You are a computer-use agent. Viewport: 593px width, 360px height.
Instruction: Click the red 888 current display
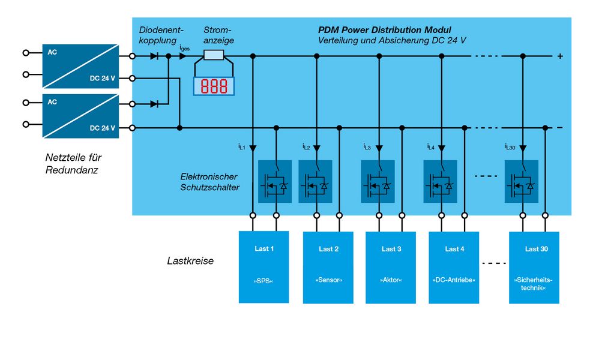[x=214, y=86]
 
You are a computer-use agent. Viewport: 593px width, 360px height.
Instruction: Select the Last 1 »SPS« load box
[x=263, y=266]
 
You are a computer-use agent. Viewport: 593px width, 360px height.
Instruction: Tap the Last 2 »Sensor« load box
[x=328, y=266]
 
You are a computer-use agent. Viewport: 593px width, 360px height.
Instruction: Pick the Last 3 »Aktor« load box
[x=391, y=266]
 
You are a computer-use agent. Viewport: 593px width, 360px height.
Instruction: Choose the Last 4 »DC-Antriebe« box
[x=454, y=266]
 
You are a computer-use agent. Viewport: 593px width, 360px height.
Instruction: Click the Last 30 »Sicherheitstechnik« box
[x=534, y=266]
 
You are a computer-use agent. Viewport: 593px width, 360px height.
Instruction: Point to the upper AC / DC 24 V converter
[x=80, y=65]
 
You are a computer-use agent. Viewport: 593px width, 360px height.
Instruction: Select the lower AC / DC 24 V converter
[x=80, y=115]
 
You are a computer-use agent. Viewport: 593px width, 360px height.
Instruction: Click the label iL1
[x=241, y=146]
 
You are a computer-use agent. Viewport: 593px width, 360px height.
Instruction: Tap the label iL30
[x=510, y=146]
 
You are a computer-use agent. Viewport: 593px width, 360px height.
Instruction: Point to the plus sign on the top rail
[x=560, y=56]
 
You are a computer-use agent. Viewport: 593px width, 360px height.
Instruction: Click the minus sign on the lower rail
[x=560, y=128]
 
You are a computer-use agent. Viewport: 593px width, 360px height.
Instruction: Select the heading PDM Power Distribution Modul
[x=384, y=29]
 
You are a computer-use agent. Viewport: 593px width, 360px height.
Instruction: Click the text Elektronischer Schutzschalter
[x=209, y=182]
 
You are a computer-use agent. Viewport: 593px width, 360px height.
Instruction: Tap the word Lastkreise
[x=190, y=262]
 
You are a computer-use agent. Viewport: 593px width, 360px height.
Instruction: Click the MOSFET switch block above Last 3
[x=378, y=181]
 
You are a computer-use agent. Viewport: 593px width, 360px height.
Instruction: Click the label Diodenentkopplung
[x=161, y=35]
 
